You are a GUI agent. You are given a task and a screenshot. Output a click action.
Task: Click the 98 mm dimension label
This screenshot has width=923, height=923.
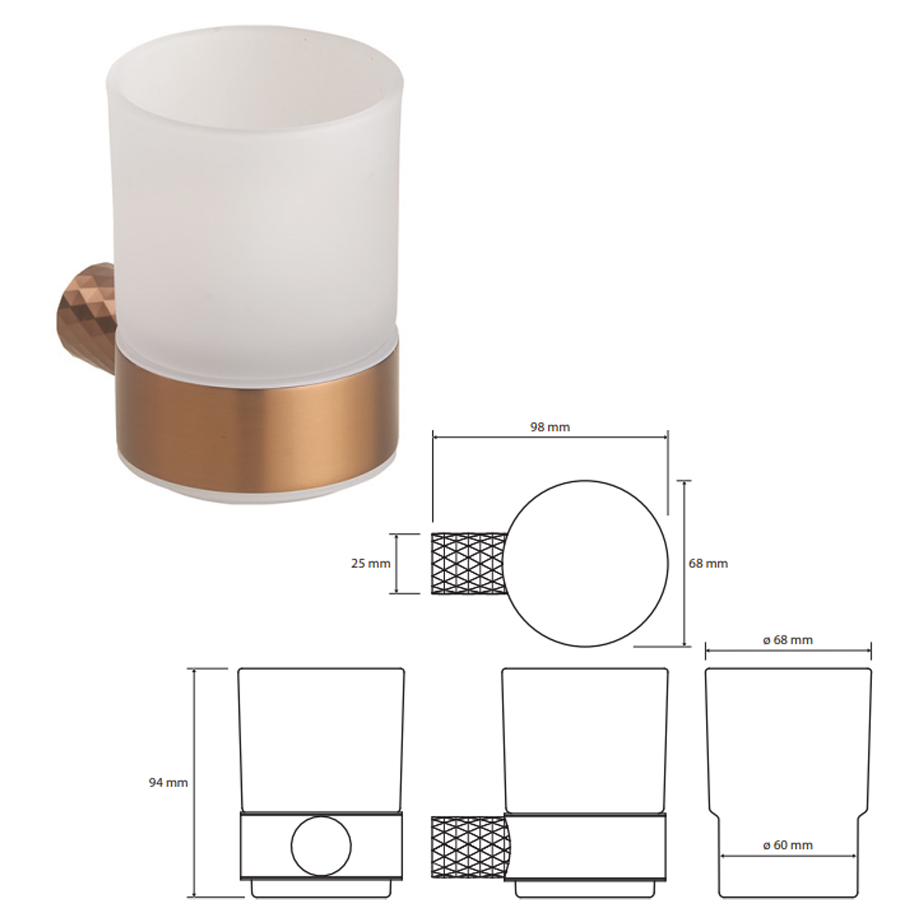(550, 427)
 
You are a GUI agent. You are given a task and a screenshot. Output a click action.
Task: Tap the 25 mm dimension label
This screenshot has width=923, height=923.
(371, 564)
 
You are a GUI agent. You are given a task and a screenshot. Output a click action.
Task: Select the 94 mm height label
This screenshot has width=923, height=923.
(168, 783)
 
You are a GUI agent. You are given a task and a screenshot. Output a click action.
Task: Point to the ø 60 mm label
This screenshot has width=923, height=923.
(788, 845)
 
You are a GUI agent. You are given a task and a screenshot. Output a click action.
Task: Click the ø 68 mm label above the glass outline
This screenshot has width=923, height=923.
(788, 640)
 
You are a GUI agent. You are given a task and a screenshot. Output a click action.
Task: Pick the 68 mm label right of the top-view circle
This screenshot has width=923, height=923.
(708, 564)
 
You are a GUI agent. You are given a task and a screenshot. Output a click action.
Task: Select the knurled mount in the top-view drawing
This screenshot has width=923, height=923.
(469, 564)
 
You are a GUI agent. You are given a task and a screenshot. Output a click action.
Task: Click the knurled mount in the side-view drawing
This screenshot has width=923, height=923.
(470, 847)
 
